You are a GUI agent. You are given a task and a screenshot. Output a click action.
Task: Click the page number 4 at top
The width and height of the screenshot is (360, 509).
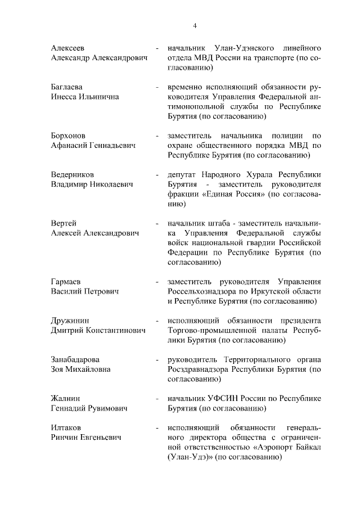pyautogui.click(x=195, y=25)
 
